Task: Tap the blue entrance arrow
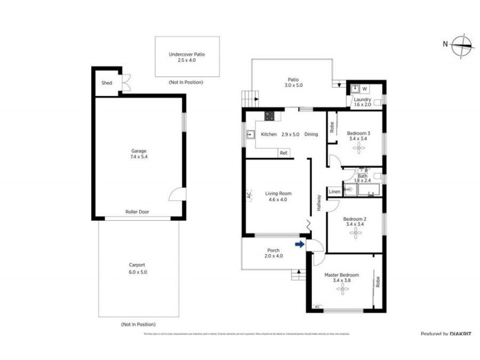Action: coord(299,244)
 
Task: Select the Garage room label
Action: coord(139,151)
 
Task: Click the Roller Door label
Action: coord(137,212)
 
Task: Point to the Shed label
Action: coord(107,83)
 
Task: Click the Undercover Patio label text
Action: coord(187,54)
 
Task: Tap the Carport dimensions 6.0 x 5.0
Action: coord(137,272)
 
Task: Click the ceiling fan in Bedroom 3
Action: coord(359,147)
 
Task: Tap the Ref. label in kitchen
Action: coord(284,153)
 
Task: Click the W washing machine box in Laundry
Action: coord(365,89)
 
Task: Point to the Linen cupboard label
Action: coord(335,191)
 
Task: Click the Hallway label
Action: coord(319,203)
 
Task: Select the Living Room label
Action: coord(278,193)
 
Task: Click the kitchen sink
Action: coord(249,134)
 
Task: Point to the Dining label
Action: coord(311,134)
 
